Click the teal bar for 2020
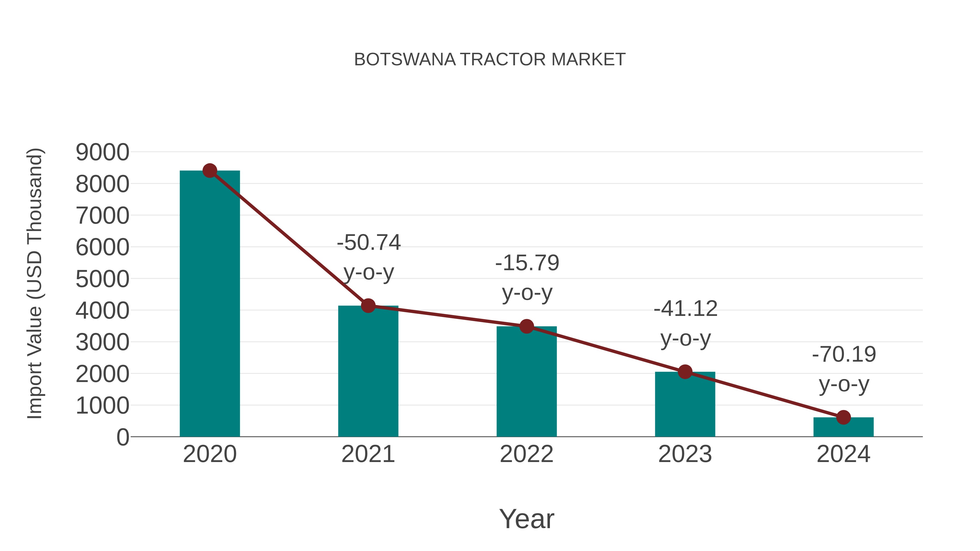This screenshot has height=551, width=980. click(x=210, y=304)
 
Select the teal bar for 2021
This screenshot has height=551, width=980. click(x=368, y=373)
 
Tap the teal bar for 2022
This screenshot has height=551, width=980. click(x=526, y=382)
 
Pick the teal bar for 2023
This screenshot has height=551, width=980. click(x=685, y=405)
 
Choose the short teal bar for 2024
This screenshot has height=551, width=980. click(x=843, y=427)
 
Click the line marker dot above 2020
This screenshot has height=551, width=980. click(x=210, y=171)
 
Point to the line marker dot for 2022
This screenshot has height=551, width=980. click(x=526, y=326)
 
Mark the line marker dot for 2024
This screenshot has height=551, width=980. click(x=843, y=417)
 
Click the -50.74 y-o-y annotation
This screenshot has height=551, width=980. click(x=369, y=257)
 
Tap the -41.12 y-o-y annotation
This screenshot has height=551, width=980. click(x=685, y=323)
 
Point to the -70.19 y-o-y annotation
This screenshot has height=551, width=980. click(x=844, y=369)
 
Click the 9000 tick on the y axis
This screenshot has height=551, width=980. click(x=102, y=152)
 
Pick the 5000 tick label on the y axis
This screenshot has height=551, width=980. click(x=102, y=279)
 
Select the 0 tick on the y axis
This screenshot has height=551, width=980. click(x=122, y=437)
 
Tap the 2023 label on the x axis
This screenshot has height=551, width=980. click(x=685, y=454)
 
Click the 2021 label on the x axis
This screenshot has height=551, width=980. click(x=368, y=454)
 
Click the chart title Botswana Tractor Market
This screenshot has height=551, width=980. click(x=490, y=60)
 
